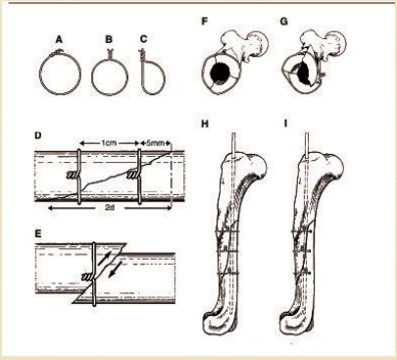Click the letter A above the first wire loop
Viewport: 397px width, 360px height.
click(59, 39)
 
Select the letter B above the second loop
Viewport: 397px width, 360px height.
click(109, 39)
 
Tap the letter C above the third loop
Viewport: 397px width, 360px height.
click(143, 39)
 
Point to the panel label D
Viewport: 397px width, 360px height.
click(38, 134)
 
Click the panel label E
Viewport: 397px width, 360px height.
click(38, 233)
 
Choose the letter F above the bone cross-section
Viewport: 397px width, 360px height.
click(205, 22)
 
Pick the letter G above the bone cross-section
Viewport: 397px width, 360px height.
click(284, 22)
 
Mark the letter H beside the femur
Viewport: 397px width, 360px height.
click(205, 125)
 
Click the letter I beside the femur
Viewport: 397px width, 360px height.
click(286, 125)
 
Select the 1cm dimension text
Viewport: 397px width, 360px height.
click(109, 143)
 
